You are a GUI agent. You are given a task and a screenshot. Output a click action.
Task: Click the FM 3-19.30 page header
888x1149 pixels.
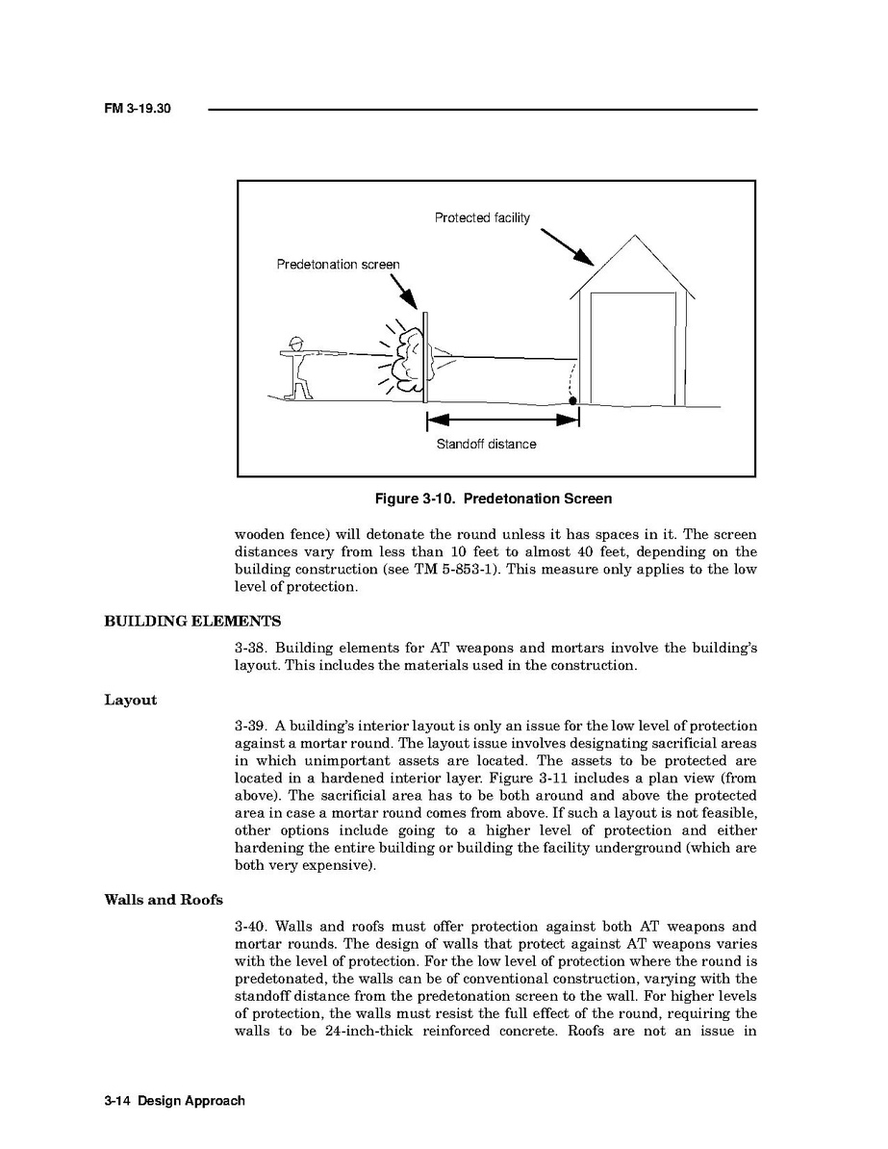click(138, 110)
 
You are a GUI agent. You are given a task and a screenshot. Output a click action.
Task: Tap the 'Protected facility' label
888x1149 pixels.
click(481, 218)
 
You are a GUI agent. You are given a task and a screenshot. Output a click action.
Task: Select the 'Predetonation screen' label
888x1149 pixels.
click(338, 265)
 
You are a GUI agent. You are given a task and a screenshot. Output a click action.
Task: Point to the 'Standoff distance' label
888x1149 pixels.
click(486, 445)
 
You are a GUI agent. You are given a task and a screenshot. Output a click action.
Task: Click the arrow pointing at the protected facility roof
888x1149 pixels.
click(567, 246)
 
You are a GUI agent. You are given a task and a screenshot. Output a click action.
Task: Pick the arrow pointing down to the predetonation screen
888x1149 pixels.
click(404, 293)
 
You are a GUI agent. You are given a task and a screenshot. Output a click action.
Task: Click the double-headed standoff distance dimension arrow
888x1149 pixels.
click(502, 420)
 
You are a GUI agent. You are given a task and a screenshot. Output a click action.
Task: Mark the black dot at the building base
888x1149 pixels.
click(572, 400)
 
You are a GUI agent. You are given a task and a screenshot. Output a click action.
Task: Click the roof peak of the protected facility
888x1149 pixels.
click(633, 236)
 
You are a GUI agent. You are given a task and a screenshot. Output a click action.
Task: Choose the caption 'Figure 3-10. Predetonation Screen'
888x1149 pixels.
click(493, 498)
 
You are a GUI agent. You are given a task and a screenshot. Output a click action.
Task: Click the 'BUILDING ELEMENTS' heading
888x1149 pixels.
click(192, 621)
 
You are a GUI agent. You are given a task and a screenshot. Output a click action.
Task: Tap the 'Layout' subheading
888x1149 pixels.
click(130, 700)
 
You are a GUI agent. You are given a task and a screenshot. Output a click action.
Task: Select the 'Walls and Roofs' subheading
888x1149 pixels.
click(163, 900)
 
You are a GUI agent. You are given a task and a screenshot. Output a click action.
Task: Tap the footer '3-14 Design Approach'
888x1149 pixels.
click(174, 1100)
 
